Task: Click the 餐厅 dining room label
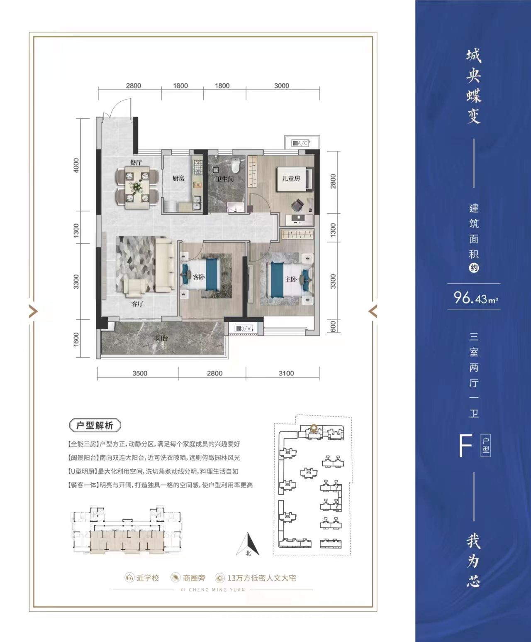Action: (x=136, y=162)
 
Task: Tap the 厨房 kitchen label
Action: (x=178, y=178)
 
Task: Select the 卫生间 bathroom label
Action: (x=225, y=179)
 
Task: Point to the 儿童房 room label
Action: (x=291, y=178)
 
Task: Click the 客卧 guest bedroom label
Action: (x=198, y=277)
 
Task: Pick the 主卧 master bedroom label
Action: (x=291, y=279)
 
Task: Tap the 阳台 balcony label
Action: (x=162, y=338)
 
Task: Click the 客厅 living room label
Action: (x=137, y=304)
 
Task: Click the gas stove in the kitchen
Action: (x=197, y=167)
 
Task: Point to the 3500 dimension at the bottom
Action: (x=140, y=373)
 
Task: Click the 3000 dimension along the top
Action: (x=282, y=86)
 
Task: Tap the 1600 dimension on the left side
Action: (x=76, y=339)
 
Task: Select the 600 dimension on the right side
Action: (x=333, y=326)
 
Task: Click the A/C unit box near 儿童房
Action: (x=300, y=143)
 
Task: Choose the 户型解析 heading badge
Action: (x=95, y=426)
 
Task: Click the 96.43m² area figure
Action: (x=476, y=298)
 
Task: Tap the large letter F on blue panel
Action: (x=465, y=446)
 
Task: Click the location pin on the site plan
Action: (x=314, y=428)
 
